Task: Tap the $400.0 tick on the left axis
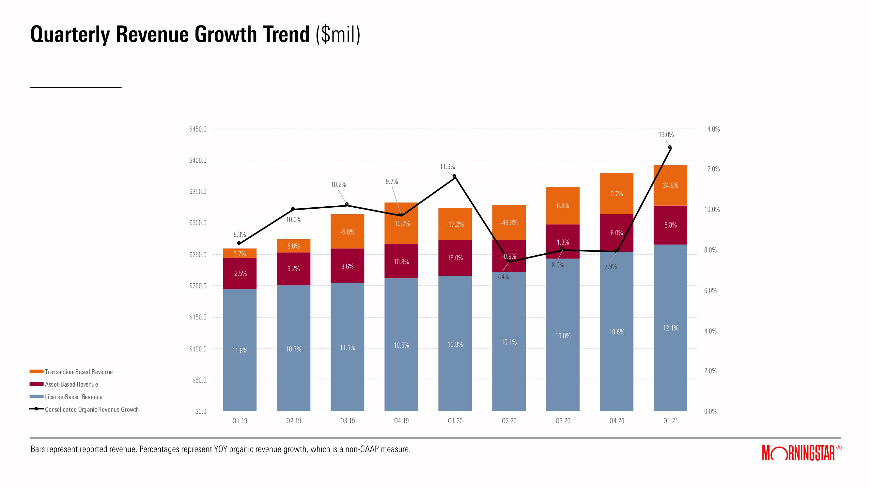pyautogui.click(x=197, y=160)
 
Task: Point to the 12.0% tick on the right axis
pyautogui.click(x=712, y=169)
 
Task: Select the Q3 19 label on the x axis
pyautogui.click(x=347, y=421)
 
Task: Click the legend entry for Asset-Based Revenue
pyautogui.click(x=71, y=384)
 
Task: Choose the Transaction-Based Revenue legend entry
pyautogui.click(x=78, y=372)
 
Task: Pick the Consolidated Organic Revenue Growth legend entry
pyautogui.click(x=91, y=409)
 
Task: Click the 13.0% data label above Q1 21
pyautogui.click(x=666, y=135)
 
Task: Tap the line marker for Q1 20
pyautogui.click(x=454, y=176)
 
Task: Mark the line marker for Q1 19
pyautogui.click(x=239, y=243)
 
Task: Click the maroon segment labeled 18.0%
pyautogui.click(x=455, y=258)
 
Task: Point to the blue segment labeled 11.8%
pyautogui.click(x=240, y=351)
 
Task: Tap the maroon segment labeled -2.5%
pyautogui.click(x=240, y=274)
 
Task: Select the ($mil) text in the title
pyautogui.click(x=338, y=35)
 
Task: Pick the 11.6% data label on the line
pyautogui.click(x=447, y=167)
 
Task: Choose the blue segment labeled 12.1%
pyautogui.click(x=670, y=328)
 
